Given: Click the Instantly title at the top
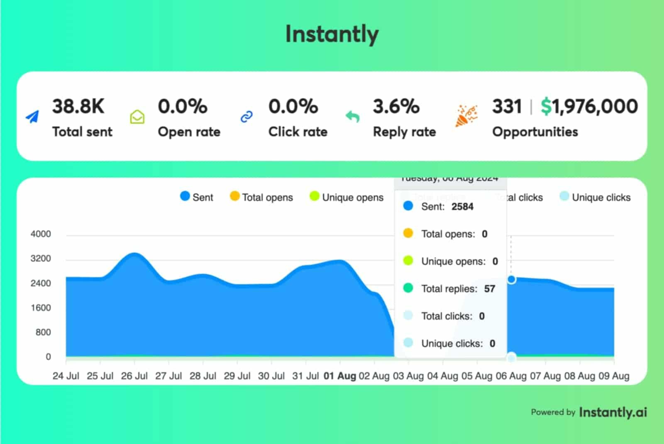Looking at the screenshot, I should click(x=332, y=34).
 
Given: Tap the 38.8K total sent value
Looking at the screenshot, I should click(x=78, y=107).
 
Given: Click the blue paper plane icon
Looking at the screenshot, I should click(x=32, y=117).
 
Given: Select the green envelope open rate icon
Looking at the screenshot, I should click(x=137, y=117).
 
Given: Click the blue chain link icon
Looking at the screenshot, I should click(x=247, y=117).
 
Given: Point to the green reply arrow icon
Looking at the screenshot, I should click(x=352, y=117).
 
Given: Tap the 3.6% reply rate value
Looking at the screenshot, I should click(x=396, y=107).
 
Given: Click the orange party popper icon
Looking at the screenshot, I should click(x=466, y=116).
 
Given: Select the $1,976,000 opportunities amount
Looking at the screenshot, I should click(x=589, y=107).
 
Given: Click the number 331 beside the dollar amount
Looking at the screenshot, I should click(x=507, y=107).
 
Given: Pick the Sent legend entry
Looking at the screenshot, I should click(x=197, y=197).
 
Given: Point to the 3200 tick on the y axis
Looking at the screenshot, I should click(x=41, y=259).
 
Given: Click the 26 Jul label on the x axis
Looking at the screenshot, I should click(x=134, y=376).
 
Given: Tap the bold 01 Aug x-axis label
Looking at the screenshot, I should click(x=340, y=376).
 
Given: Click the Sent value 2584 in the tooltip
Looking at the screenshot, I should click(x=462, y=207).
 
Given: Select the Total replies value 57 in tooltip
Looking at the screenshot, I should click(x=490, y=289).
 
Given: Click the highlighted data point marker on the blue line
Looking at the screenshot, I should click(x=511, y=279).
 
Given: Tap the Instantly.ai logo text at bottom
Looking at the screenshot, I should click(x=613, y=412).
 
